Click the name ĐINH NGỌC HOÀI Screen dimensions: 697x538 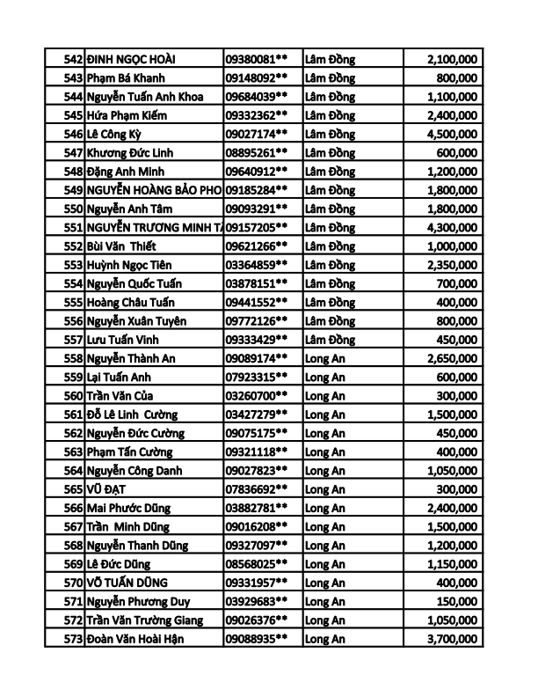point(132,59)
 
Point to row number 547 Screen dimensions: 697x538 point(73,153)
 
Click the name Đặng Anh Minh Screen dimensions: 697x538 point(126,172)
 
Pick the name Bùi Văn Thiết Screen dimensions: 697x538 point(121,246)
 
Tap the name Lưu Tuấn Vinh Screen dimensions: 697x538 point(124,340)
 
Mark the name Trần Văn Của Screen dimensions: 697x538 point(121,396)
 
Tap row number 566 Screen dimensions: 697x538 point(73,508)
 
